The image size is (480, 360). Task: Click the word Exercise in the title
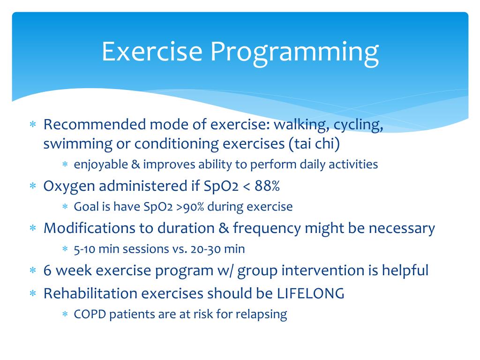152,51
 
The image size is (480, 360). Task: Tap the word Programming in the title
295,53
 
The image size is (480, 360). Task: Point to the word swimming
78,144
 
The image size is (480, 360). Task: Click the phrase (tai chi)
315,144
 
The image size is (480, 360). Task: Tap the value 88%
267,186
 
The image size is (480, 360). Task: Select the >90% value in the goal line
190,207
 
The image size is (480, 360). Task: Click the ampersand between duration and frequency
224,228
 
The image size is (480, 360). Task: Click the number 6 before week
47,270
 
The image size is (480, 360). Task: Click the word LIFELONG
311,293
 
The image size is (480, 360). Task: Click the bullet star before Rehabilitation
33,293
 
